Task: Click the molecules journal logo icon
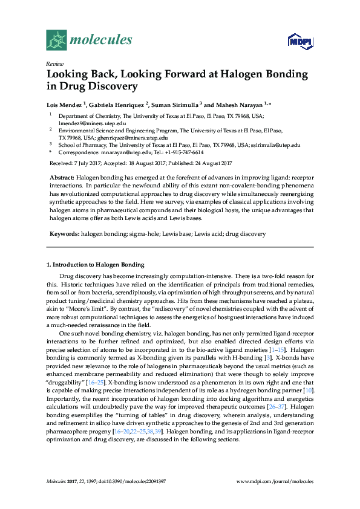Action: [57, 40]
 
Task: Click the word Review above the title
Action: [54, 63]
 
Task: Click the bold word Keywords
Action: [62, 233]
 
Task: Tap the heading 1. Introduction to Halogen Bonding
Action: [96, 265]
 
